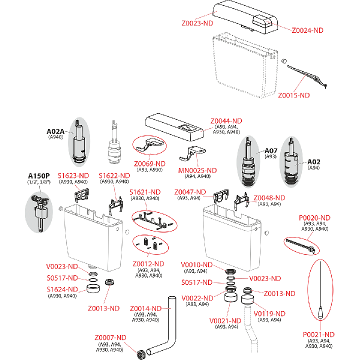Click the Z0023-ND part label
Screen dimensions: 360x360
[x=197, y=23]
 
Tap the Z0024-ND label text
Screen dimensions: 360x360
[x=307, y=30]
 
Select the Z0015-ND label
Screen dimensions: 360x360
[x=294, y=95]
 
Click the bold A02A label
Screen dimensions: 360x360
[x=55, y=131]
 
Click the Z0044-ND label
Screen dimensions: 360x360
[x=226, y=121]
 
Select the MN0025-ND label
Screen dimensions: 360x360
[x=197, y=170]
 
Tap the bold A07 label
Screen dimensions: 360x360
[x=271, y=151]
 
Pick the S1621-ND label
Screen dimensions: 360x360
[x=145, y=192]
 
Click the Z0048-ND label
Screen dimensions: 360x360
[x=269, y=198]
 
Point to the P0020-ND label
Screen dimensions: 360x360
[x=314, y=217]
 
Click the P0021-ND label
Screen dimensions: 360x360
[x=318, y=334]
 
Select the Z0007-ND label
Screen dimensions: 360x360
[x=110, y=337]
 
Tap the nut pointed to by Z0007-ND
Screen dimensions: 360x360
[x=140, y=354]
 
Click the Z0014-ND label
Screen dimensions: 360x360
[x=146, y=308]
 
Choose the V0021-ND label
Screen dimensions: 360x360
[x=225, y=321]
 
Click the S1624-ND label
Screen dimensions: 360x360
[x=62, y=289]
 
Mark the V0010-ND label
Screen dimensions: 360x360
[x=197, y=264]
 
